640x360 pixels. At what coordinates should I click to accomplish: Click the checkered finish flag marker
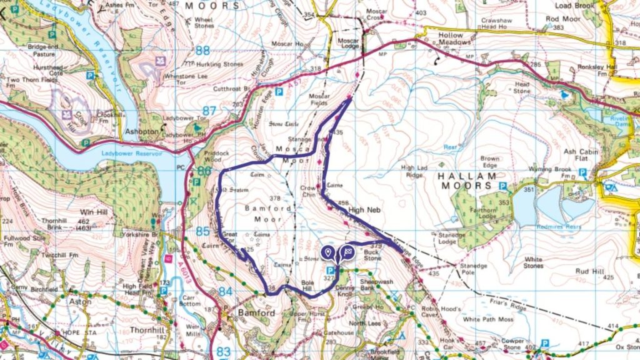point(347,252)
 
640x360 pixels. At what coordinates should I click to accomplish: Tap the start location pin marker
point(328,252)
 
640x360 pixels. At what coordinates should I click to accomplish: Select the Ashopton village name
point(140,132)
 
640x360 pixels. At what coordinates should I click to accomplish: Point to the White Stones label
point(533,262)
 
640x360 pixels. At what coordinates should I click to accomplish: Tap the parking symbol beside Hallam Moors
point(502,186)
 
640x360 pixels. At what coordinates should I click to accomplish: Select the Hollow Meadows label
point(455,39)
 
